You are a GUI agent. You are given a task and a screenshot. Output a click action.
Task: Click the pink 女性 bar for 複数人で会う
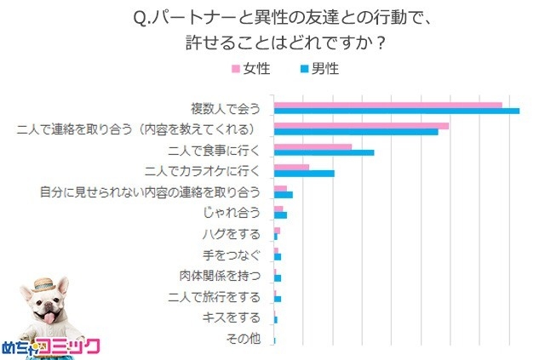387,106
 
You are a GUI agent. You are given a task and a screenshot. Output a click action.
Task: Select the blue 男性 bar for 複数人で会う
396,111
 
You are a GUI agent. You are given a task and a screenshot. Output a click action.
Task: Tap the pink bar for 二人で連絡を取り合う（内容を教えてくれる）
361,126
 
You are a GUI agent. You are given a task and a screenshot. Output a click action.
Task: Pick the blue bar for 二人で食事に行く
324,153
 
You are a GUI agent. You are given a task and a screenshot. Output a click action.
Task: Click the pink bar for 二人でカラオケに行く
291,168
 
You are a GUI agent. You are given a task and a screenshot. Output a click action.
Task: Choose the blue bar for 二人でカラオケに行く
304,174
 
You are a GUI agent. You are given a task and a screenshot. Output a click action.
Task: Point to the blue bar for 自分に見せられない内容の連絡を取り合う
284,195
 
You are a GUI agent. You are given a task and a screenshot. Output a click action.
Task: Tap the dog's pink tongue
49,320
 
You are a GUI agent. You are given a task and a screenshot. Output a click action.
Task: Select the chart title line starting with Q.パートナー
272,17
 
